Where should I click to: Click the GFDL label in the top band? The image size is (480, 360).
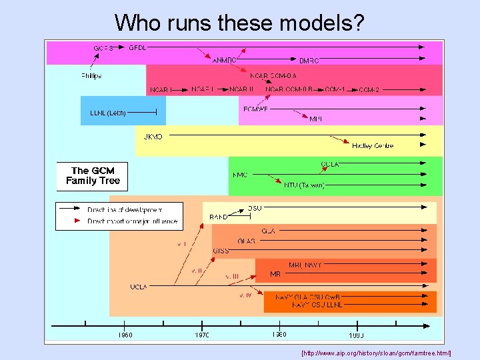pyautogui.click(x=137, y=48)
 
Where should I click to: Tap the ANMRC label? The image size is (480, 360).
pyautogui.click(x=225, y=60)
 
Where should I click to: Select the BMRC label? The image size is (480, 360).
pyautogui.click(x=309, y=61)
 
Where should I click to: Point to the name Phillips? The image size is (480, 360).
pyautogui.click(x=91, y=76)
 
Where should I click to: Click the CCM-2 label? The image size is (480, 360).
pyautogui.click(x=369, y=90)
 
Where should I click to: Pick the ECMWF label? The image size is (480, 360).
pyautogui.click(x=255, y=109)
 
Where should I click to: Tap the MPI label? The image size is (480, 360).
pyautogui.click(x=316, y=119)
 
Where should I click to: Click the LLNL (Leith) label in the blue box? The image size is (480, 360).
pyautogui.click(x=108, y=113)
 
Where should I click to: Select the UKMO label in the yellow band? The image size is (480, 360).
pyautogui.click(x=153, y=137)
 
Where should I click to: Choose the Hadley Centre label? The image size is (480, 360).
pyautogui.click(x=373, y=145)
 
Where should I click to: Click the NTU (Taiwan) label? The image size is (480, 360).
pyautogui.click(x=304, y=185)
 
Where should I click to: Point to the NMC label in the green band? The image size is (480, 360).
pyautogui.click(x=240, y=175)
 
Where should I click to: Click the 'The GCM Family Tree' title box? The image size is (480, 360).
pyautogui.click(x=92, y=176)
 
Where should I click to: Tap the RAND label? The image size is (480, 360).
pyautogui.click(x=219, y=217)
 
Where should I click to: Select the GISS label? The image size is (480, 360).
pyautogui.click(x=221, y=251)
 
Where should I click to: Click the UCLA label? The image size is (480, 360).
pyautogui.click(x=139, y=287)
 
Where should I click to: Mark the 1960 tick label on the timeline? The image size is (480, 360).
pyautogui.click(x=125, y=335)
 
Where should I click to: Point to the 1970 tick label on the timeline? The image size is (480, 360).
pyautogui.click(x=201, y=335)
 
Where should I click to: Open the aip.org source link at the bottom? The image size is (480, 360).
pyautogui.click(x=377, y=352)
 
